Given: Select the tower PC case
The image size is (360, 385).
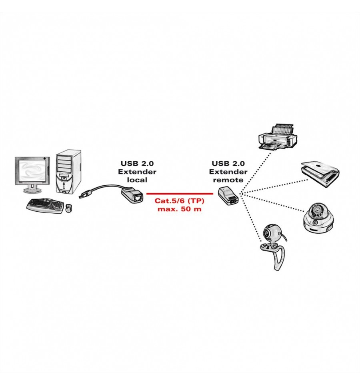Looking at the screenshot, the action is pos(68,172).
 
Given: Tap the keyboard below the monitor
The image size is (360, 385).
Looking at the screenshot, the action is pos(45,207).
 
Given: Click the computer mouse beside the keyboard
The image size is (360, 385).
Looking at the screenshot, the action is pos(68,208).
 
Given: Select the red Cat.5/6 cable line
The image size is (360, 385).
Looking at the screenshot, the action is pos(180,194).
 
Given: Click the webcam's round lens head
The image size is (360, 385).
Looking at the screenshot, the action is pos(270,232).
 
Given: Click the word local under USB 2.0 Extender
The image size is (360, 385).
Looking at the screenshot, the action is pos(137,180).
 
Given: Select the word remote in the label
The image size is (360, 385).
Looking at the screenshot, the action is pos(228,180).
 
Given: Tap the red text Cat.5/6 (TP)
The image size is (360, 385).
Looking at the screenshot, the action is pos(179,201).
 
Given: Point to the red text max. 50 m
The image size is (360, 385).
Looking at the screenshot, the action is pos(179,209).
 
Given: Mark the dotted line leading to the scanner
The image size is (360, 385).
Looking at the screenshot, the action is pos(274,186).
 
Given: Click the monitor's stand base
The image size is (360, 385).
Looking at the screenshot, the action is pos(32,190).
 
